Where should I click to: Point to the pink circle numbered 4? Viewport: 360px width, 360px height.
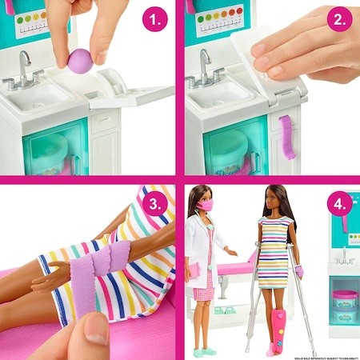coord(339,204)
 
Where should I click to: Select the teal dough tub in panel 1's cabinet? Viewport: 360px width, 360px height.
coord(48,152)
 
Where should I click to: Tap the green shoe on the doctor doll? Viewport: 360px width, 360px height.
coord(206,351)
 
